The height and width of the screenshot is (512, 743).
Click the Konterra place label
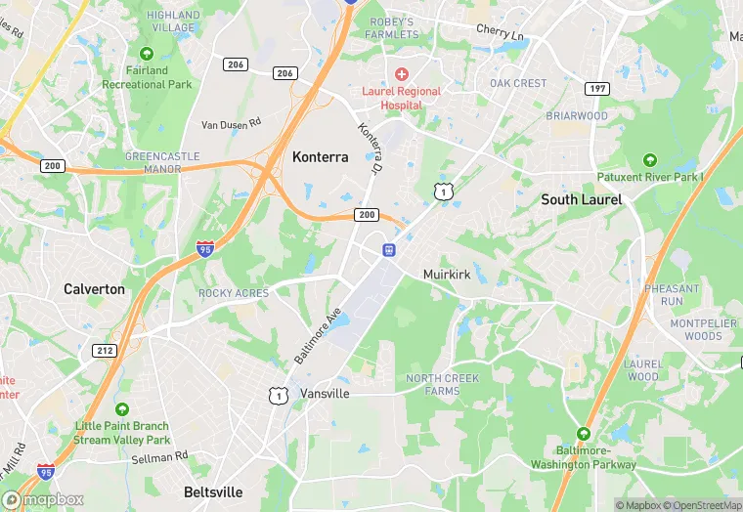click(320, 156)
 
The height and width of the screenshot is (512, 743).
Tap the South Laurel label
click(582, 199)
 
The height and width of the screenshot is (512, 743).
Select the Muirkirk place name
click(448, 275)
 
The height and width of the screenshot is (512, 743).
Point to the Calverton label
click(94, 289)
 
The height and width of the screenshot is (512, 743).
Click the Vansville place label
click(325, 393)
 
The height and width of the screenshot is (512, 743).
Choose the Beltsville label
click(213, 491)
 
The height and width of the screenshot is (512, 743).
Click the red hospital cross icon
click(402, 74)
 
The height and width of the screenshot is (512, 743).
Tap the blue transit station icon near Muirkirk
click(388, 250)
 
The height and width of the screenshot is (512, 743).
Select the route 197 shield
click(597, 89)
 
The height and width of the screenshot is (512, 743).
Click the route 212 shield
click(106, 350)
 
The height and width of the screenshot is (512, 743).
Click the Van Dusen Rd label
click(232, 124)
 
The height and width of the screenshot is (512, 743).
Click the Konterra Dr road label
click(369, 146)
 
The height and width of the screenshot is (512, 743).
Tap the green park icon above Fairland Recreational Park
click(147, 53)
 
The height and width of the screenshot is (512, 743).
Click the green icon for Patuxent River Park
click(649, 160)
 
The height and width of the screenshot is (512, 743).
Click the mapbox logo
click(43, 499)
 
